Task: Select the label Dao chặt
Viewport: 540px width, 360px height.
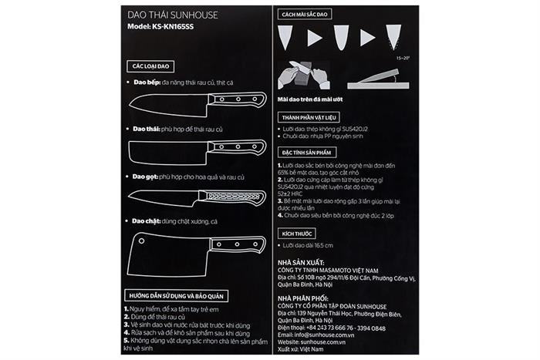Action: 143,220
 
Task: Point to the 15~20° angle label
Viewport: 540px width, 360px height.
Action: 403,58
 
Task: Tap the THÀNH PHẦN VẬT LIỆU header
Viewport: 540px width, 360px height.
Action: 309,116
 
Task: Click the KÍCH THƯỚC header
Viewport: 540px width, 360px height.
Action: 296,232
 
